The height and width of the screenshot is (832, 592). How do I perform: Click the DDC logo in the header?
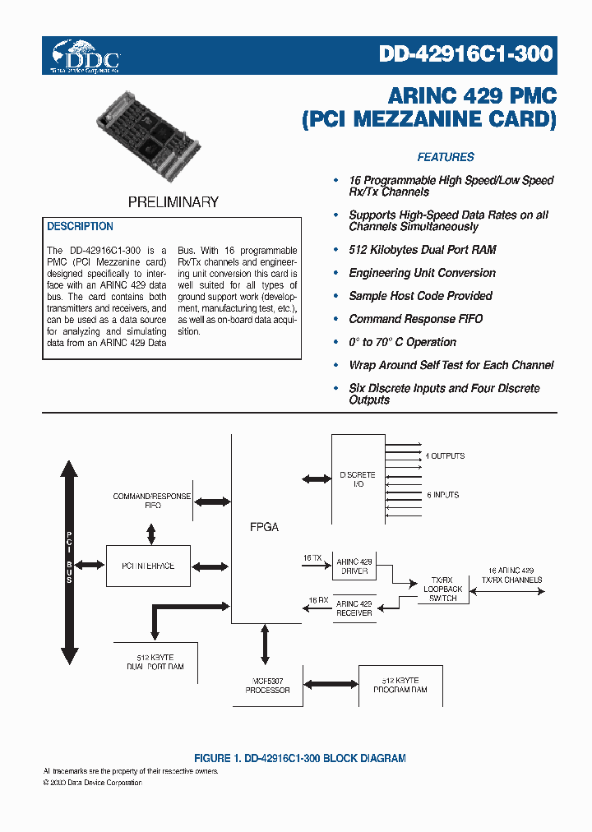[86, 56]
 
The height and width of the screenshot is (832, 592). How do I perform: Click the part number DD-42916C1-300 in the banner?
[466, 54]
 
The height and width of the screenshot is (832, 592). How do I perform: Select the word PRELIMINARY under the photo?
[173, 201]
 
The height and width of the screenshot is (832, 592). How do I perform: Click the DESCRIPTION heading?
[80, 226]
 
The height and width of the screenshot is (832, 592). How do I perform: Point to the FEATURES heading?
[446, 157]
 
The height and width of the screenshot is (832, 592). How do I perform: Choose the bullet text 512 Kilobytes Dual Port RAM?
[422, 250]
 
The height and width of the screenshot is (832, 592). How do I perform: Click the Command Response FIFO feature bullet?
[415, 319]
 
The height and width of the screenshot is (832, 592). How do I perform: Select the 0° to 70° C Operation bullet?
[402, 342]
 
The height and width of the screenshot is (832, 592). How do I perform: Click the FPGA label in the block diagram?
[264, 527]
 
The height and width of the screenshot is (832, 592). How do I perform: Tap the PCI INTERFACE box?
[147, 566]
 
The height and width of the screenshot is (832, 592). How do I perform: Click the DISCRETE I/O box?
[358, 479]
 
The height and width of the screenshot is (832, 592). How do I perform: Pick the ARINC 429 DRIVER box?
[354, 566]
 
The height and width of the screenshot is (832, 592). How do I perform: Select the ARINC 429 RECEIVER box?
[354, 608]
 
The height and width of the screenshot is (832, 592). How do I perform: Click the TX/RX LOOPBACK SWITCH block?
[442, 589]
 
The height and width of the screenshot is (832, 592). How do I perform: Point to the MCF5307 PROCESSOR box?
[267, 685]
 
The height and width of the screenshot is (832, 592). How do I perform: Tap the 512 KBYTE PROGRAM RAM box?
[400, 685]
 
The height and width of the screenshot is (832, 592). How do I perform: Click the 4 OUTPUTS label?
[444, 455]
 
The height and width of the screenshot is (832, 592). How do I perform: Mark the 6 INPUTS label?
[442, 495]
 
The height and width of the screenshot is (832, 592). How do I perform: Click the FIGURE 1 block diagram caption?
[299, 758]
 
